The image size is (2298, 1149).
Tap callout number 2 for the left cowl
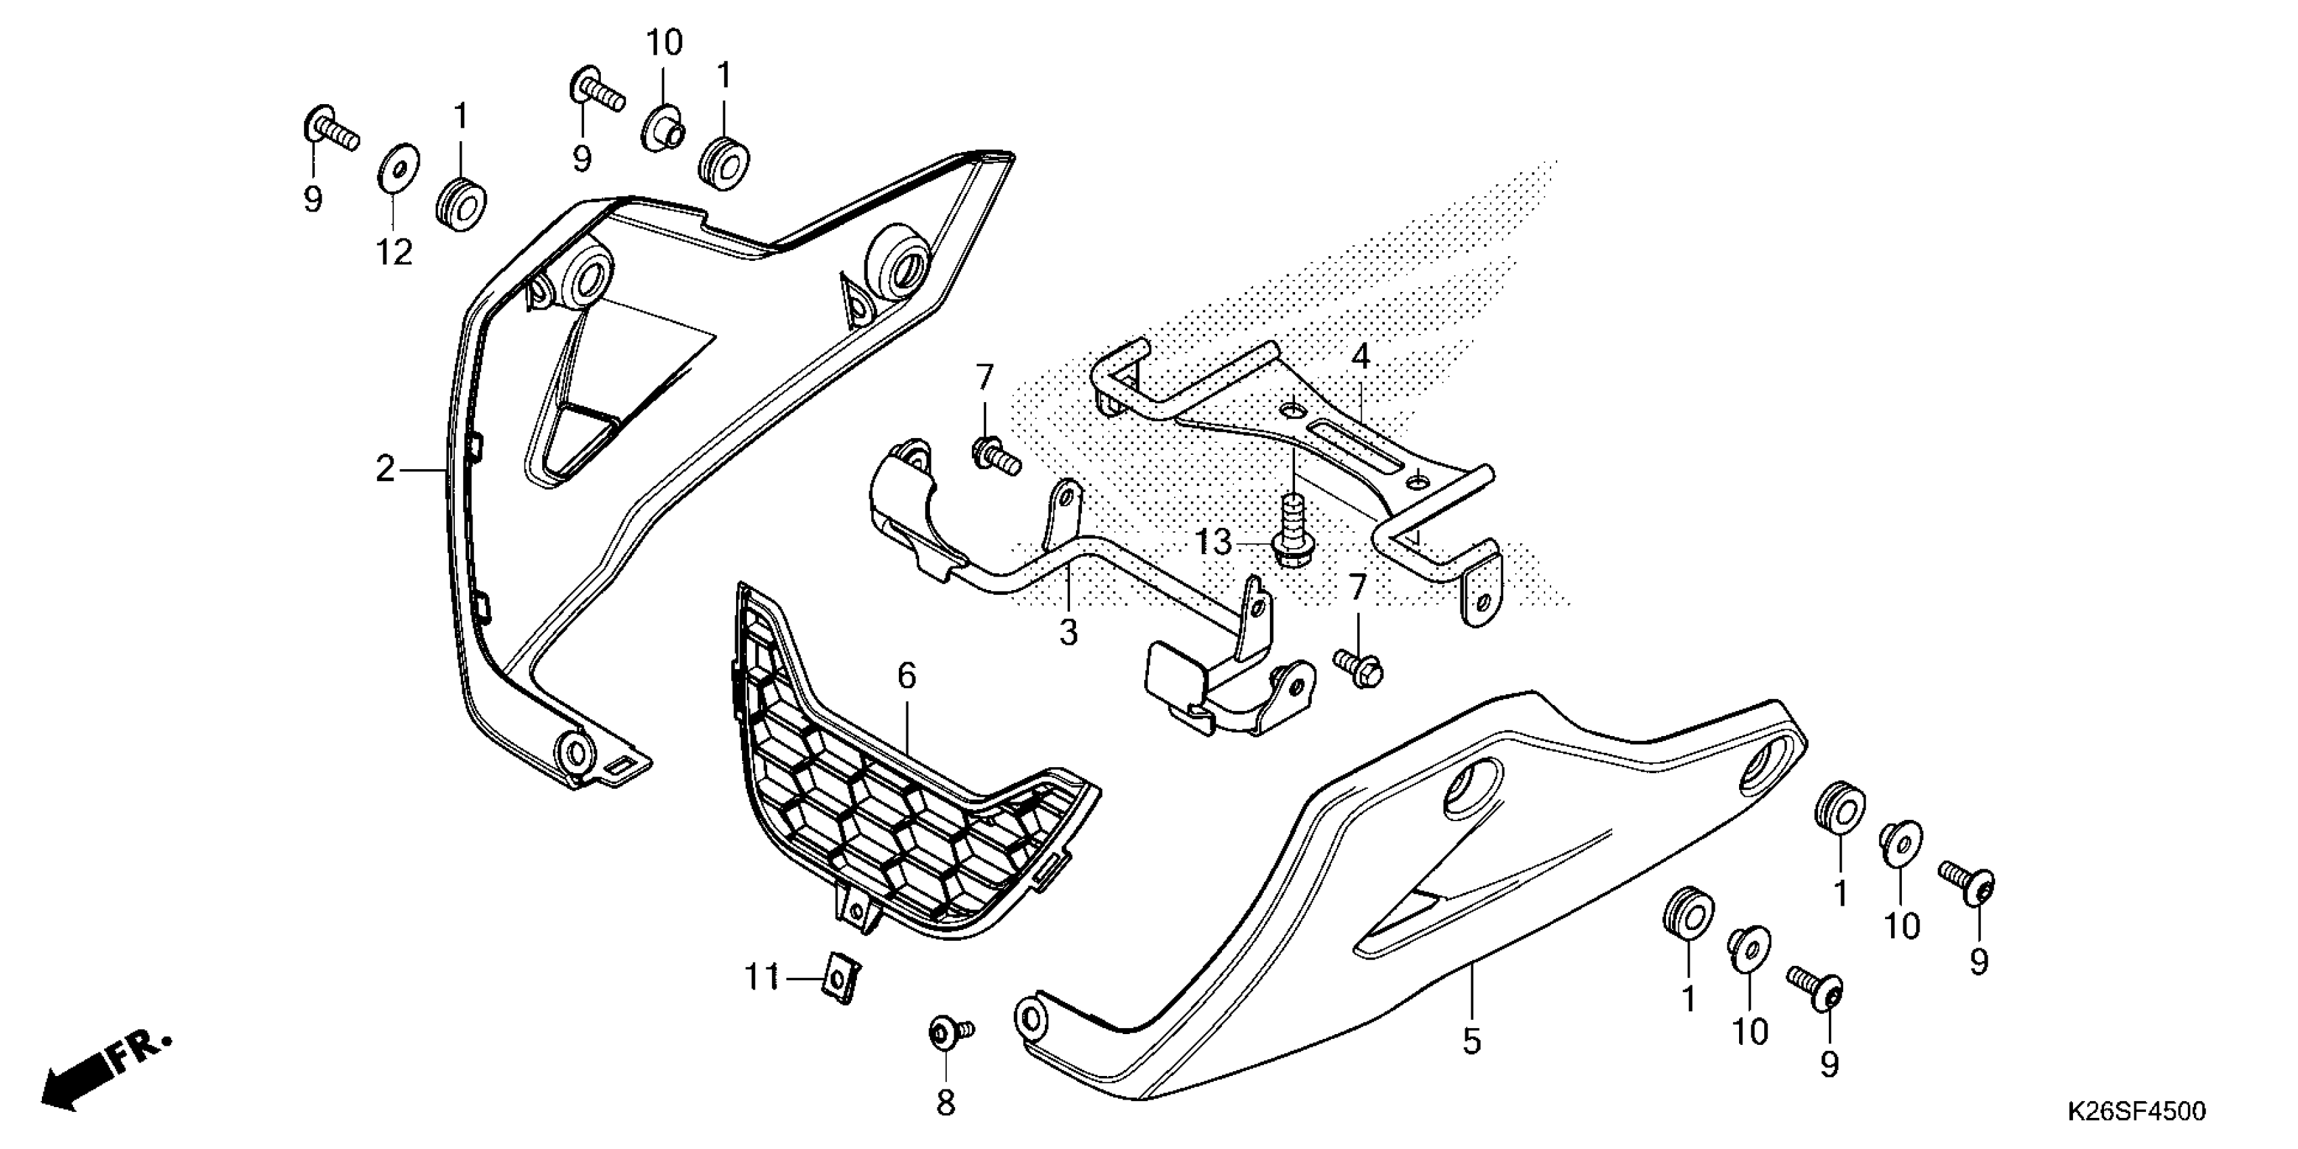(x=385, y=468)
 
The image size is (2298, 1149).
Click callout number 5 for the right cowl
(x=1472, y=1041)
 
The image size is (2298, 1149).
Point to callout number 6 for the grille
(x=906, y=676)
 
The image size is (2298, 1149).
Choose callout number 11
(x=762, y=979)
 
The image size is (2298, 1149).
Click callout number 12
(x=393, y=253)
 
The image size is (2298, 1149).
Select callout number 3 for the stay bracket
(x=1068, y=633)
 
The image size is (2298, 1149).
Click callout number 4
(x=1359, y=357)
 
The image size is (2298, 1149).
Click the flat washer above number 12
(x=393, y=168)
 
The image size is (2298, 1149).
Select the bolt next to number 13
(x=1288, y=535)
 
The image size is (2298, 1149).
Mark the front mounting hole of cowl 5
(x=1031, y=1018)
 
